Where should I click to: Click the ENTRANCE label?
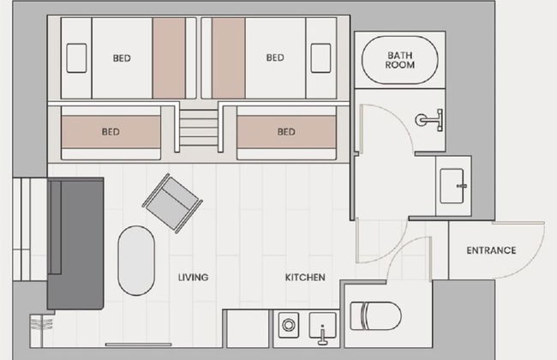click(x=491, y=250)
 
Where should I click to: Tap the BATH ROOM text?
click(x=400, y=60)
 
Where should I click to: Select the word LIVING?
click(x=194, y=277)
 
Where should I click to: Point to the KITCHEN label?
click(x=305, y=277)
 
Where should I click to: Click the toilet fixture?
click(x=376, y=316)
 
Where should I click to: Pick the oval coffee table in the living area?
click(x=136, y=261)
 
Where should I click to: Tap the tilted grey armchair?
click(x=172, y=203)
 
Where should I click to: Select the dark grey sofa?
click(x=75, y=243)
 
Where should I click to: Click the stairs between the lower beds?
click(x=199, y=128)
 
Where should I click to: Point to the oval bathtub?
click(x=399, y=60)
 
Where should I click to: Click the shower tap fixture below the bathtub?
click(x=429, y=120)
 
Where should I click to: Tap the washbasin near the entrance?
click(x=452, y=186)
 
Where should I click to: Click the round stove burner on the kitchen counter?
click(x=288, y=325)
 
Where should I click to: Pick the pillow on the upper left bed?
click(x=76, y=58)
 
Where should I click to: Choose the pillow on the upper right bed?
click(x=320, y=58)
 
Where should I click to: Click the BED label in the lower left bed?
click(x=111, y=132)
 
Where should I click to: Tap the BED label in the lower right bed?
click(x=286, y=132)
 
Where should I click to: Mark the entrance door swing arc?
click(x=533, y=257)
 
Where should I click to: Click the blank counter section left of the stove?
click(x=248, y=329)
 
